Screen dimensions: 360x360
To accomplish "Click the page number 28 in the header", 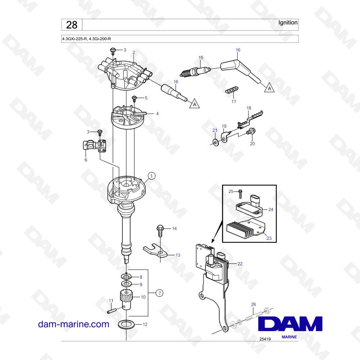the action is (72, 25).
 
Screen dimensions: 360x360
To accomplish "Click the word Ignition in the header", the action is (288, 22).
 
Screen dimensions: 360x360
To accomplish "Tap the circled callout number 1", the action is (151, 176).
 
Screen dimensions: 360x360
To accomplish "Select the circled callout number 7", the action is (159, 293).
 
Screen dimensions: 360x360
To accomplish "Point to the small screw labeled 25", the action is (240, 194).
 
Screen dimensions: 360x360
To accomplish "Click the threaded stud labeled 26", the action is (253, 316).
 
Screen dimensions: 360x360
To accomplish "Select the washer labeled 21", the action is (215, 142).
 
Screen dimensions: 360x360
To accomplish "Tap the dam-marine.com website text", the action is (73, 324).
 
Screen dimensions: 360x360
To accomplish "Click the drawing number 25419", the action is (265, 339).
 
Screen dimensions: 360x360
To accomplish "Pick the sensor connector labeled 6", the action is (94, 146).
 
